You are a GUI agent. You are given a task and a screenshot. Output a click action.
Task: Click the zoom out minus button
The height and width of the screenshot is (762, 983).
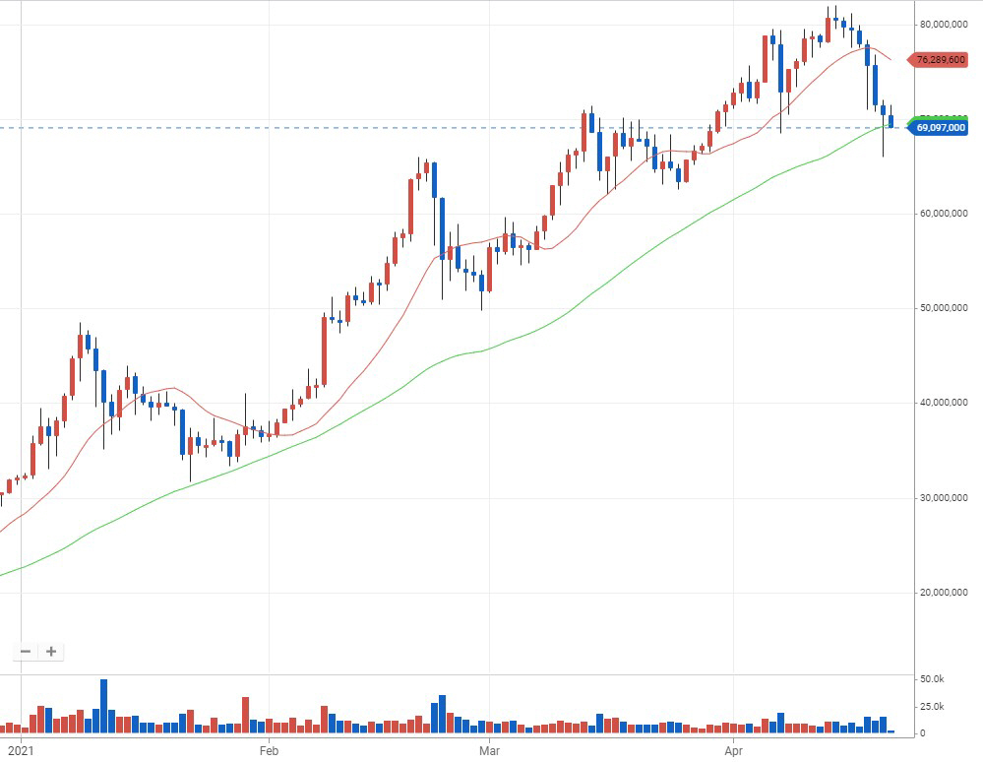(26, 651)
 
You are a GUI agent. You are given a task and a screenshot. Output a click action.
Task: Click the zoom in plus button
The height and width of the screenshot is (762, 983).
(51, 651)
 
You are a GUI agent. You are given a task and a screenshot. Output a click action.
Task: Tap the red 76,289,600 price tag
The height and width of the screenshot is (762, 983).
(940, 60)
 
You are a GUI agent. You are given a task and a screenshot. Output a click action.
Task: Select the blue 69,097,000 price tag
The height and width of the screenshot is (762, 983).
(940, 128)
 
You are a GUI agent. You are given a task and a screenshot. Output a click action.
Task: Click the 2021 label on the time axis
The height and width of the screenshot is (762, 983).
(20, 751)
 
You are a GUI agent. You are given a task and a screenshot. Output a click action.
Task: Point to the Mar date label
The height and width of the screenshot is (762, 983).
(490, 751)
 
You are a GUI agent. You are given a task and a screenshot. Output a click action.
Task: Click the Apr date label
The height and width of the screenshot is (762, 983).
(734, 751)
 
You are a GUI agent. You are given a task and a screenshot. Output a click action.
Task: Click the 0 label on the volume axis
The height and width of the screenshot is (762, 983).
(922, 733)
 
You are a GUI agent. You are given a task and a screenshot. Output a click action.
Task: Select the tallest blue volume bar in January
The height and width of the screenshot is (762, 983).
(103, 706)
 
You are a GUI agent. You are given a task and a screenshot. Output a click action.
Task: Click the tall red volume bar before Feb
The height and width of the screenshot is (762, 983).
(245, 715)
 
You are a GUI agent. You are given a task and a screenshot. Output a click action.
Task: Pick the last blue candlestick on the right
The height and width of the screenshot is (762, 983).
(891, 121)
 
